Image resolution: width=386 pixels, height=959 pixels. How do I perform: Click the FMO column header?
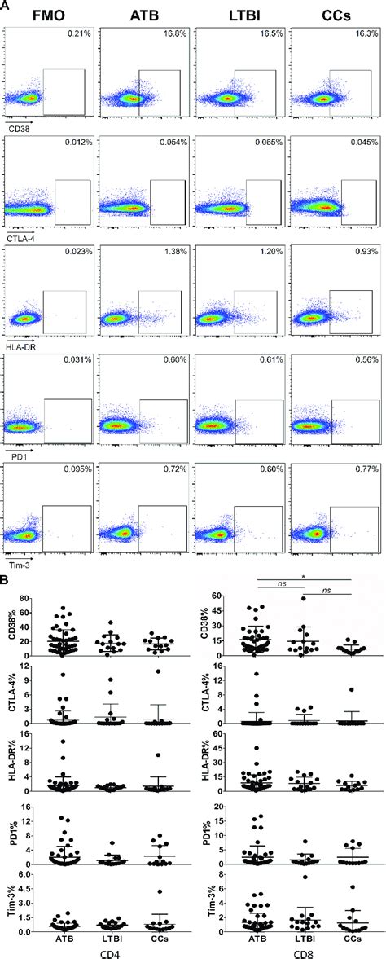[49, 14]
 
